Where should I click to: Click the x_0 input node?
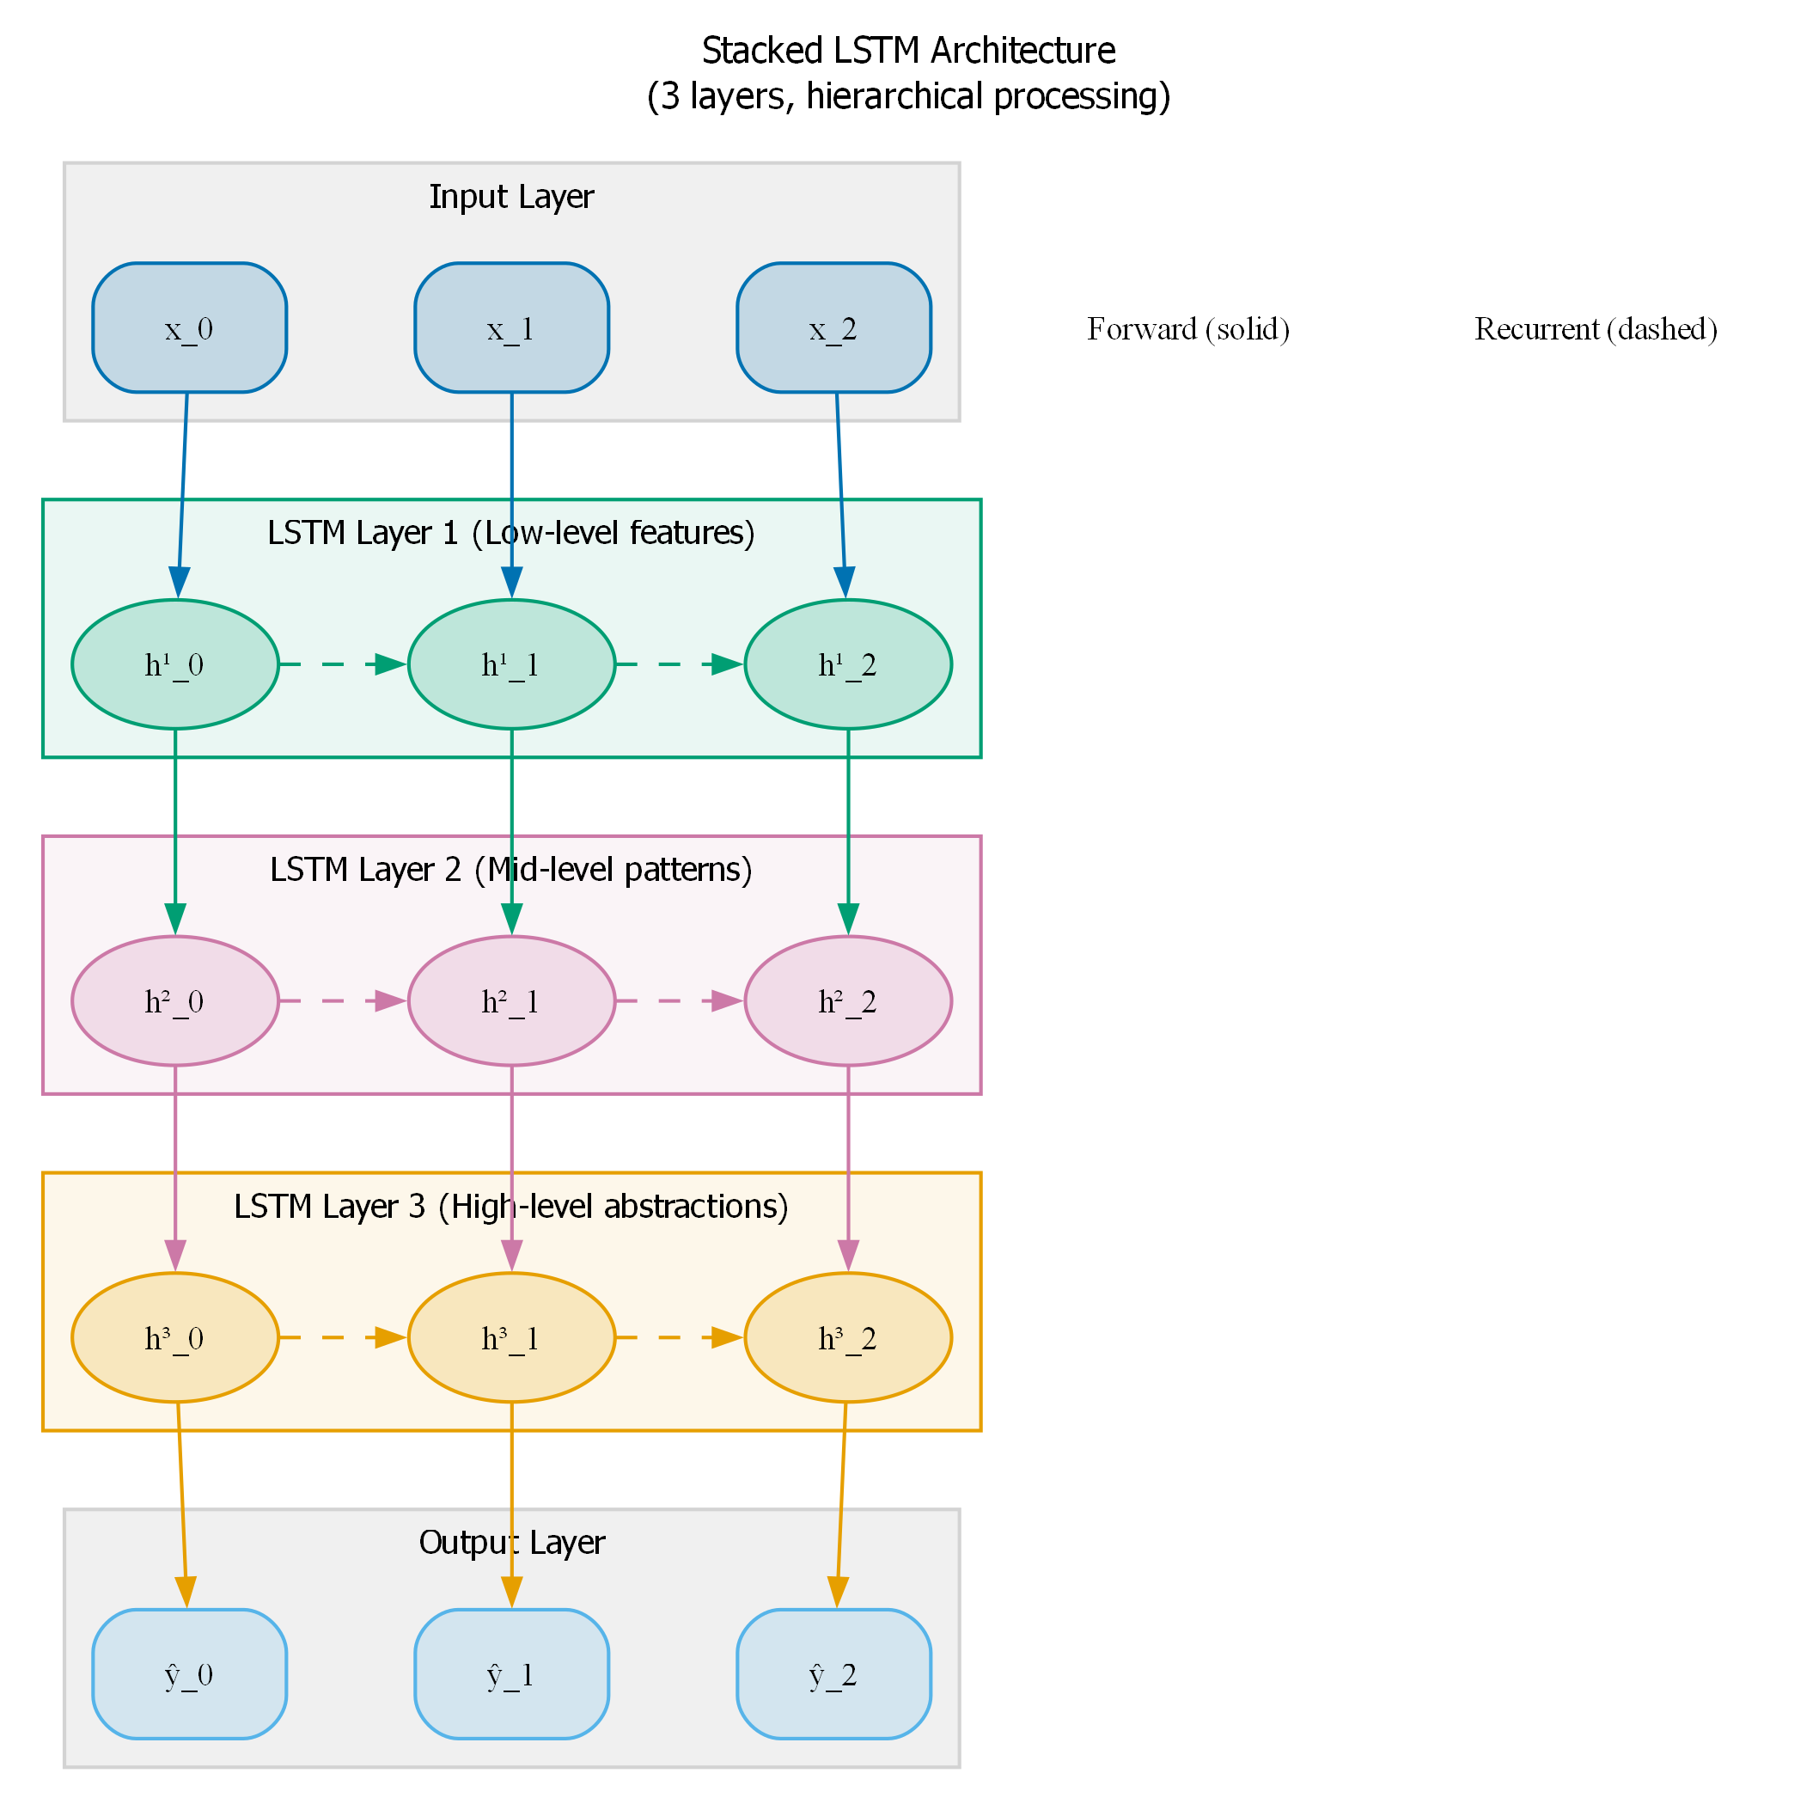click(189, 327)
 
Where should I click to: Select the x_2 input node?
click(833, 327)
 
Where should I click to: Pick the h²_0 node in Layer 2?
click(175, 1001)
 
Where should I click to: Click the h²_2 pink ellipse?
click(847, 1001)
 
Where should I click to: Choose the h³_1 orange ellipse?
click(511, 1337)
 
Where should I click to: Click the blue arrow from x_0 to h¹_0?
click(183, 490)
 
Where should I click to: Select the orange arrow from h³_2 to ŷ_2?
click(841, 1502)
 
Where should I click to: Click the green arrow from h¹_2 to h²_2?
click(847, 829)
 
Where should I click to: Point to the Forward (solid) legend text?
click(1188, 328)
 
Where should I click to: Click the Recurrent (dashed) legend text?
click(1596, 328)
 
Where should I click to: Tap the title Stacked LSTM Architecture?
click(908, 51)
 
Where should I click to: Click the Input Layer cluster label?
click(511, 196)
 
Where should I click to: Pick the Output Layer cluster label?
click(511, 1542)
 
